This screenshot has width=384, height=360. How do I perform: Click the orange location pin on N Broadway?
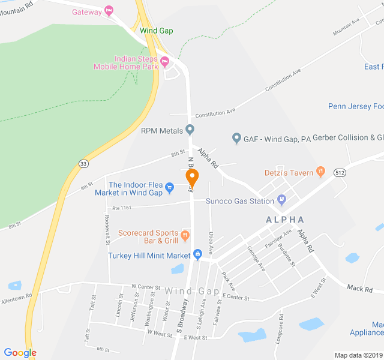click(x=192, y=178)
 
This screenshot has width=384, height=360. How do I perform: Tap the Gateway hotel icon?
click(x=109, y=11)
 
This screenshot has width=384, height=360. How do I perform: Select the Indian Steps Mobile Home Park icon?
click(x=164, y=61)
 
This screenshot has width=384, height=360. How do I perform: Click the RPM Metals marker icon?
click(x=190, y=129)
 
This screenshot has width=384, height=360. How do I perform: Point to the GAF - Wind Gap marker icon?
click(x=236, y=139)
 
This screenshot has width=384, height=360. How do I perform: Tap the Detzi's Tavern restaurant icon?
click(x=320, y=172)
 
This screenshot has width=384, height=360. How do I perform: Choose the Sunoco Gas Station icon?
click(x=282, y=200)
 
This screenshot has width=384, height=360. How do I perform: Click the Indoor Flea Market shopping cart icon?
click(x=170, y=188)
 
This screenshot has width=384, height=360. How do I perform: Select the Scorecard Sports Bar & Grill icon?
click(x=185, y=234)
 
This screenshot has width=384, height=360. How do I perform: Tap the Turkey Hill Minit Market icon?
click(x=197, y=256)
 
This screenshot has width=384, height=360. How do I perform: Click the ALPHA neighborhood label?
click(x=285, y=220)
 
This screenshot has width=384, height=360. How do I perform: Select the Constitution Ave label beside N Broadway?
click(x=215, y=112)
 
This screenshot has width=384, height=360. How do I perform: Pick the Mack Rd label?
click(x=360, y=289)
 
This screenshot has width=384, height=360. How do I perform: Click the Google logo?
click(x=20, y=353)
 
